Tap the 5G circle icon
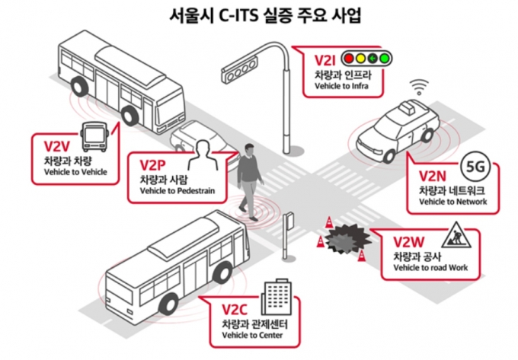click(475, 167)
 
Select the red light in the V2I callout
click(349, 59)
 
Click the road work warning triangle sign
click(456, 235)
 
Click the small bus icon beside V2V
click(94, 136)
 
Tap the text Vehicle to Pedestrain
click(177, 191)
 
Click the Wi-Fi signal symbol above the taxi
click(419, 87)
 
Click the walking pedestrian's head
click(250, 149)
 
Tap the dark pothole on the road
click(347, 239)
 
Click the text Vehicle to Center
click(252, 335)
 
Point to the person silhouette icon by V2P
click(203, 155)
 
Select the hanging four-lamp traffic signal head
click(240, 69)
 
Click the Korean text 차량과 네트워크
click(452, 191)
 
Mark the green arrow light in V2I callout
click(373, 59)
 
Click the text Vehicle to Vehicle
click(75, 172)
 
